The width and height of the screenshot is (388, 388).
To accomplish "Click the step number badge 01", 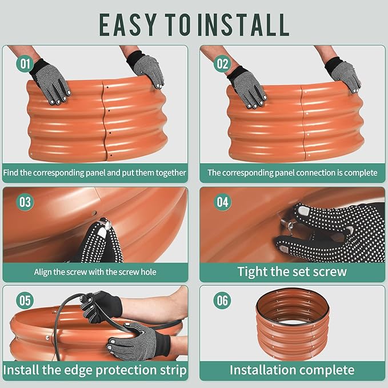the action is pos(25,63).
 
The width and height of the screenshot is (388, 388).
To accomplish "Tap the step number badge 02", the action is pos(222,63).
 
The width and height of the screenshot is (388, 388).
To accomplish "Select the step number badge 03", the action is pos(25,202).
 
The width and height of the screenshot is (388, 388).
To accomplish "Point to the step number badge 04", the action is pos(222,202).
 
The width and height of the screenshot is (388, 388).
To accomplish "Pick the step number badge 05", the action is pos(25,301).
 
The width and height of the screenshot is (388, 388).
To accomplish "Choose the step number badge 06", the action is pos(222,301).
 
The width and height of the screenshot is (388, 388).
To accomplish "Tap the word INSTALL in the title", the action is pos(243,25).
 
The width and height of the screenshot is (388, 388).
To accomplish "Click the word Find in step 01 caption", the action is pos(11,173).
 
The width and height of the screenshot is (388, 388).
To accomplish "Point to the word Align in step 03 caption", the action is pos(43,272).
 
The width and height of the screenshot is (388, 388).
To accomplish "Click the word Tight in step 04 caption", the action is pos(253,272).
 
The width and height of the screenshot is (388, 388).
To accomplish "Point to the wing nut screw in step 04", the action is pos(286,225).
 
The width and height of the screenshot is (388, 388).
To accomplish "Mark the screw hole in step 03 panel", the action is pos(94,213).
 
